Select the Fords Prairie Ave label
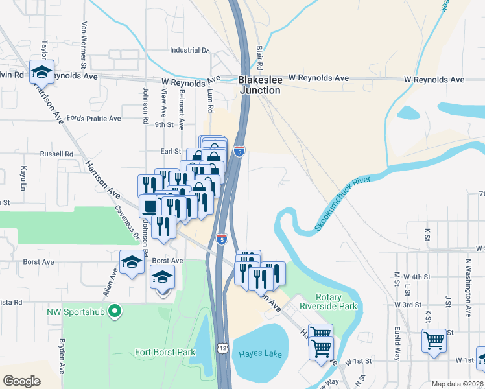tap(94, 119)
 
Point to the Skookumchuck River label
tap(346, 205)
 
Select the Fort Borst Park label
tap(165, 353)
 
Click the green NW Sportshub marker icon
tap(115, 311)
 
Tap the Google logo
tap(21, 381)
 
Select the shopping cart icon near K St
tap(433, 339)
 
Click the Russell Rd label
tap(57, 154)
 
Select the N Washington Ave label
tap(468, 287)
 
